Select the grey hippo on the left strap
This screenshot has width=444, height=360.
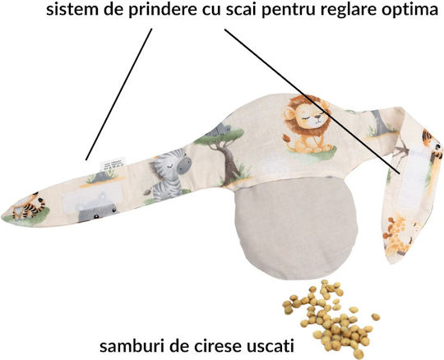[97, 209]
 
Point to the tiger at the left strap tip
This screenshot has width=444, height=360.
[29, 206]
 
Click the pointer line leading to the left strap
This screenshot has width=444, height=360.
[119, 94]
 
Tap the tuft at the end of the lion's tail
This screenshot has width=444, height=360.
[287, 138]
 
